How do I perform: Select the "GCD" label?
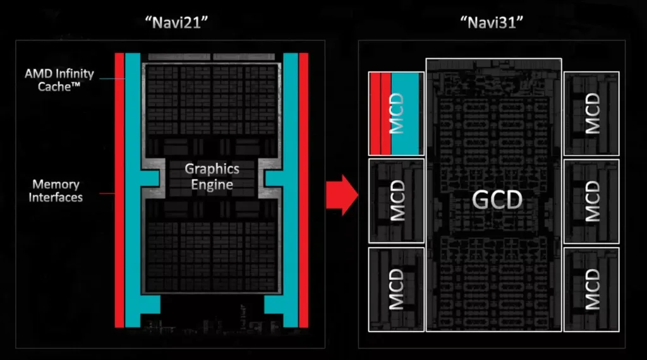497,200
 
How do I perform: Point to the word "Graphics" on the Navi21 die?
212,169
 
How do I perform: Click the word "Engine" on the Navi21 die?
212,184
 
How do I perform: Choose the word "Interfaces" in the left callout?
57,197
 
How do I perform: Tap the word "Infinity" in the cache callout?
74,74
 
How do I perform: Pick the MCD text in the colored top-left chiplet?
396,114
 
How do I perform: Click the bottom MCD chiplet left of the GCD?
396,289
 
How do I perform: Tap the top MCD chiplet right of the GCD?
591,114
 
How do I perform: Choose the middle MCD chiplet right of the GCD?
591,200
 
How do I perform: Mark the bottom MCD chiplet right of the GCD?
591,289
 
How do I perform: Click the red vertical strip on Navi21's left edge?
119,189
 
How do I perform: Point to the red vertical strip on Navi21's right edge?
303,189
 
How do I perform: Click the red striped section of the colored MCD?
380,114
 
